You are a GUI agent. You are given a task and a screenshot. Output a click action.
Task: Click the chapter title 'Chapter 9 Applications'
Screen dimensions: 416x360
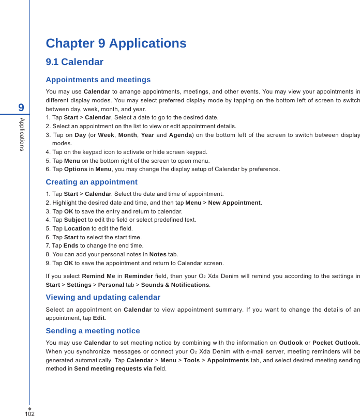tap(116, 43)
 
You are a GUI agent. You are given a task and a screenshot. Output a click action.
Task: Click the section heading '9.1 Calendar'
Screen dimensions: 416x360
tap(74, 63)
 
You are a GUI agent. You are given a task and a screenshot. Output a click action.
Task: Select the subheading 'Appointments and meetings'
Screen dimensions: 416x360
tap(98, 80)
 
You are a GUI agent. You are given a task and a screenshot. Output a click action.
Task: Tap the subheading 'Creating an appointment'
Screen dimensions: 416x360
tap(92, 182)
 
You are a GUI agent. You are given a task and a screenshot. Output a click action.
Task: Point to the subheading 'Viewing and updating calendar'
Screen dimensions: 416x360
tap(103, 297)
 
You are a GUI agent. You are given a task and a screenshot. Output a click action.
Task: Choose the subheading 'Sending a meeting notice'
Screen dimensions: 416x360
tap(93, 331)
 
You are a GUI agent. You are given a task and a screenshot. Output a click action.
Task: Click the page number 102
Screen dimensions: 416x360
tap(29, 413)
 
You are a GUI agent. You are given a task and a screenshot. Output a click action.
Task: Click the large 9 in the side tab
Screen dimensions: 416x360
tap(21, 107)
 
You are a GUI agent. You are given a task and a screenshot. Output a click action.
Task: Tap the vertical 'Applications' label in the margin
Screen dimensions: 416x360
tap(22, 134)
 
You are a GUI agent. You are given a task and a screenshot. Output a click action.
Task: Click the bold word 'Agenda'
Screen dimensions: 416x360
tap(181, 135)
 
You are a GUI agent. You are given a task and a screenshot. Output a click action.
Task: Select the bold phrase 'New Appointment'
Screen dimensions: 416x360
tap(234, 203)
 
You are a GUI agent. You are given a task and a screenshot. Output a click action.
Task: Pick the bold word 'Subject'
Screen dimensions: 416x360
tap(75, 220)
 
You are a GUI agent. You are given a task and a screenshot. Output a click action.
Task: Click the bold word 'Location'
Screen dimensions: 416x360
tap(77, 228)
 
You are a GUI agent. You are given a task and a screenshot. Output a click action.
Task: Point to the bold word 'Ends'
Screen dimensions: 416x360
tap(70, 245)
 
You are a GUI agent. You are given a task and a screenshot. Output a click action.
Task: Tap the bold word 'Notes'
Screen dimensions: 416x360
tap(157, 254)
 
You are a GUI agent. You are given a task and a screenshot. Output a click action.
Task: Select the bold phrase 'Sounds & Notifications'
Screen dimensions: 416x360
tap(175, 285)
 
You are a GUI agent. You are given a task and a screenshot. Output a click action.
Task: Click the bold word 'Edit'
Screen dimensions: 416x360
tap(98, 318)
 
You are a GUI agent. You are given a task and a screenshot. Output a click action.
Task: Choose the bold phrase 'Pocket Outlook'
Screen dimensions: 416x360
tap(335, 343)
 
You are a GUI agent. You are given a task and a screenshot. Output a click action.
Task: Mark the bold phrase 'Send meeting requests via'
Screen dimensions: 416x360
tap(113, 368)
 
